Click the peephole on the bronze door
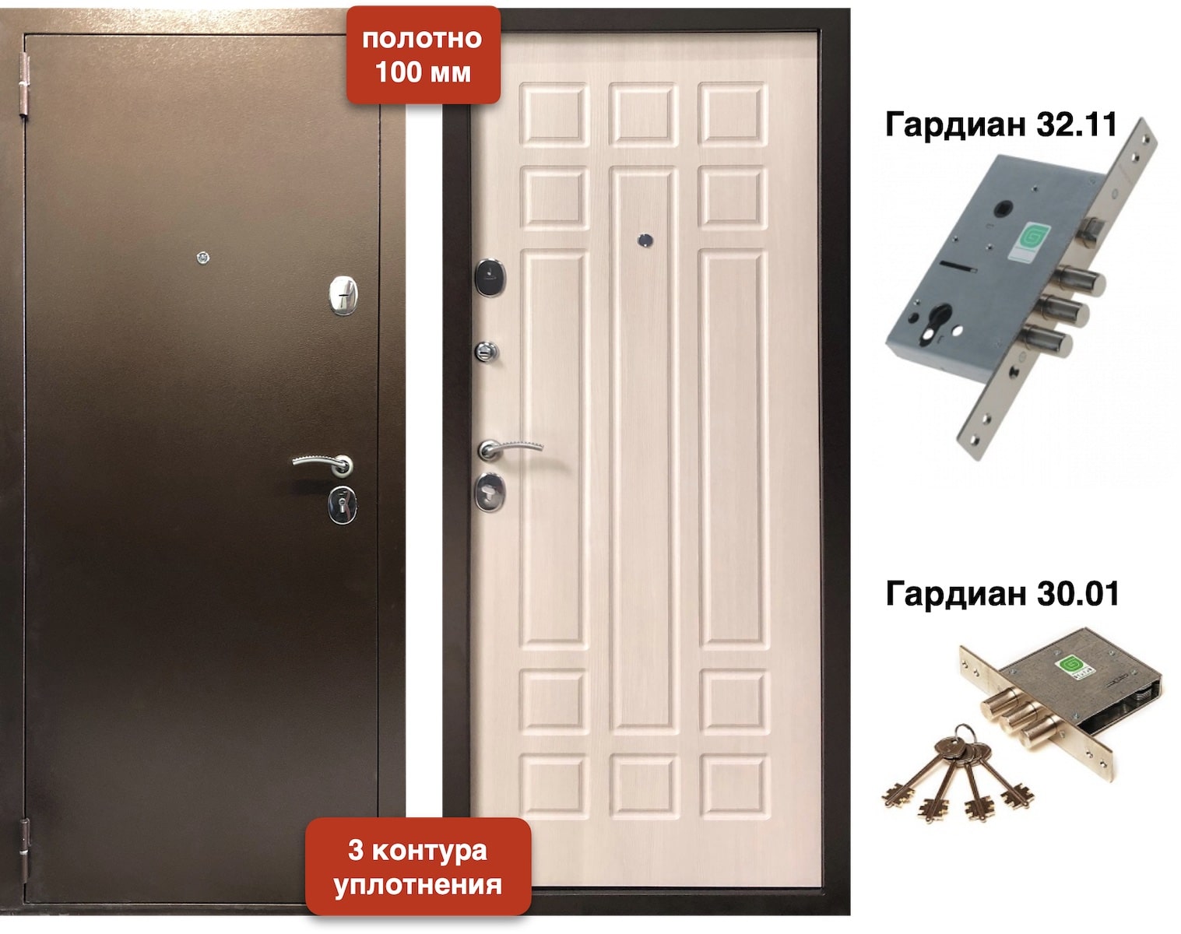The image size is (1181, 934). click(203, 257)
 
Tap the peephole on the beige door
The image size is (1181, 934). click(645, 241)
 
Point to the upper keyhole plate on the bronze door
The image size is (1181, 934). click(343, 295)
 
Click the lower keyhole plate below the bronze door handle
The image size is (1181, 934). click(343, 505)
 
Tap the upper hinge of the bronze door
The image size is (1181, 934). click(24, 84)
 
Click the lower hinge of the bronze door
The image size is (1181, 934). click(25, 851)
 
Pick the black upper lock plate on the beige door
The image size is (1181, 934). click(490, 277)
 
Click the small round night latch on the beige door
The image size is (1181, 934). click(487, 351)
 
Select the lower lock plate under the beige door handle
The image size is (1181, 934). click(490, 492)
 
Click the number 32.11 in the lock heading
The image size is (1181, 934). click(1077, 124)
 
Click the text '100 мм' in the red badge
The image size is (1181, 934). click(423, 72)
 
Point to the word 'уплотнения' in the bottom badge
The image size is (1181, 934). click(417, 885)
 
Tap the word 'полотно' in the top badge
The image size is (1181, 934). click(423, 39)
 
